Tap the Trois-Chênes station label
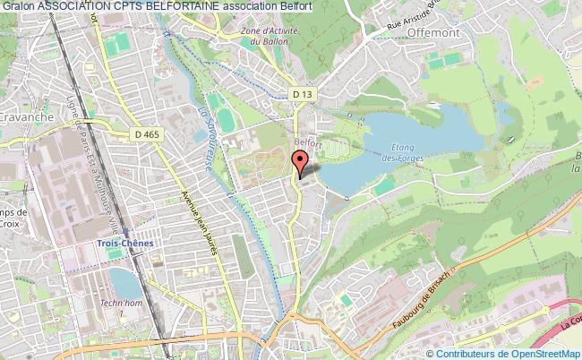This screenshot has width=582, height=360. pos(125,243)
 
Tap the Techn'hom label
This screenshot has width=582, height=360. pos(131,306)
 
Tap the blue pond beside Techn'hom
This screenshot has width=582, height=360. pos(124,285)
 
